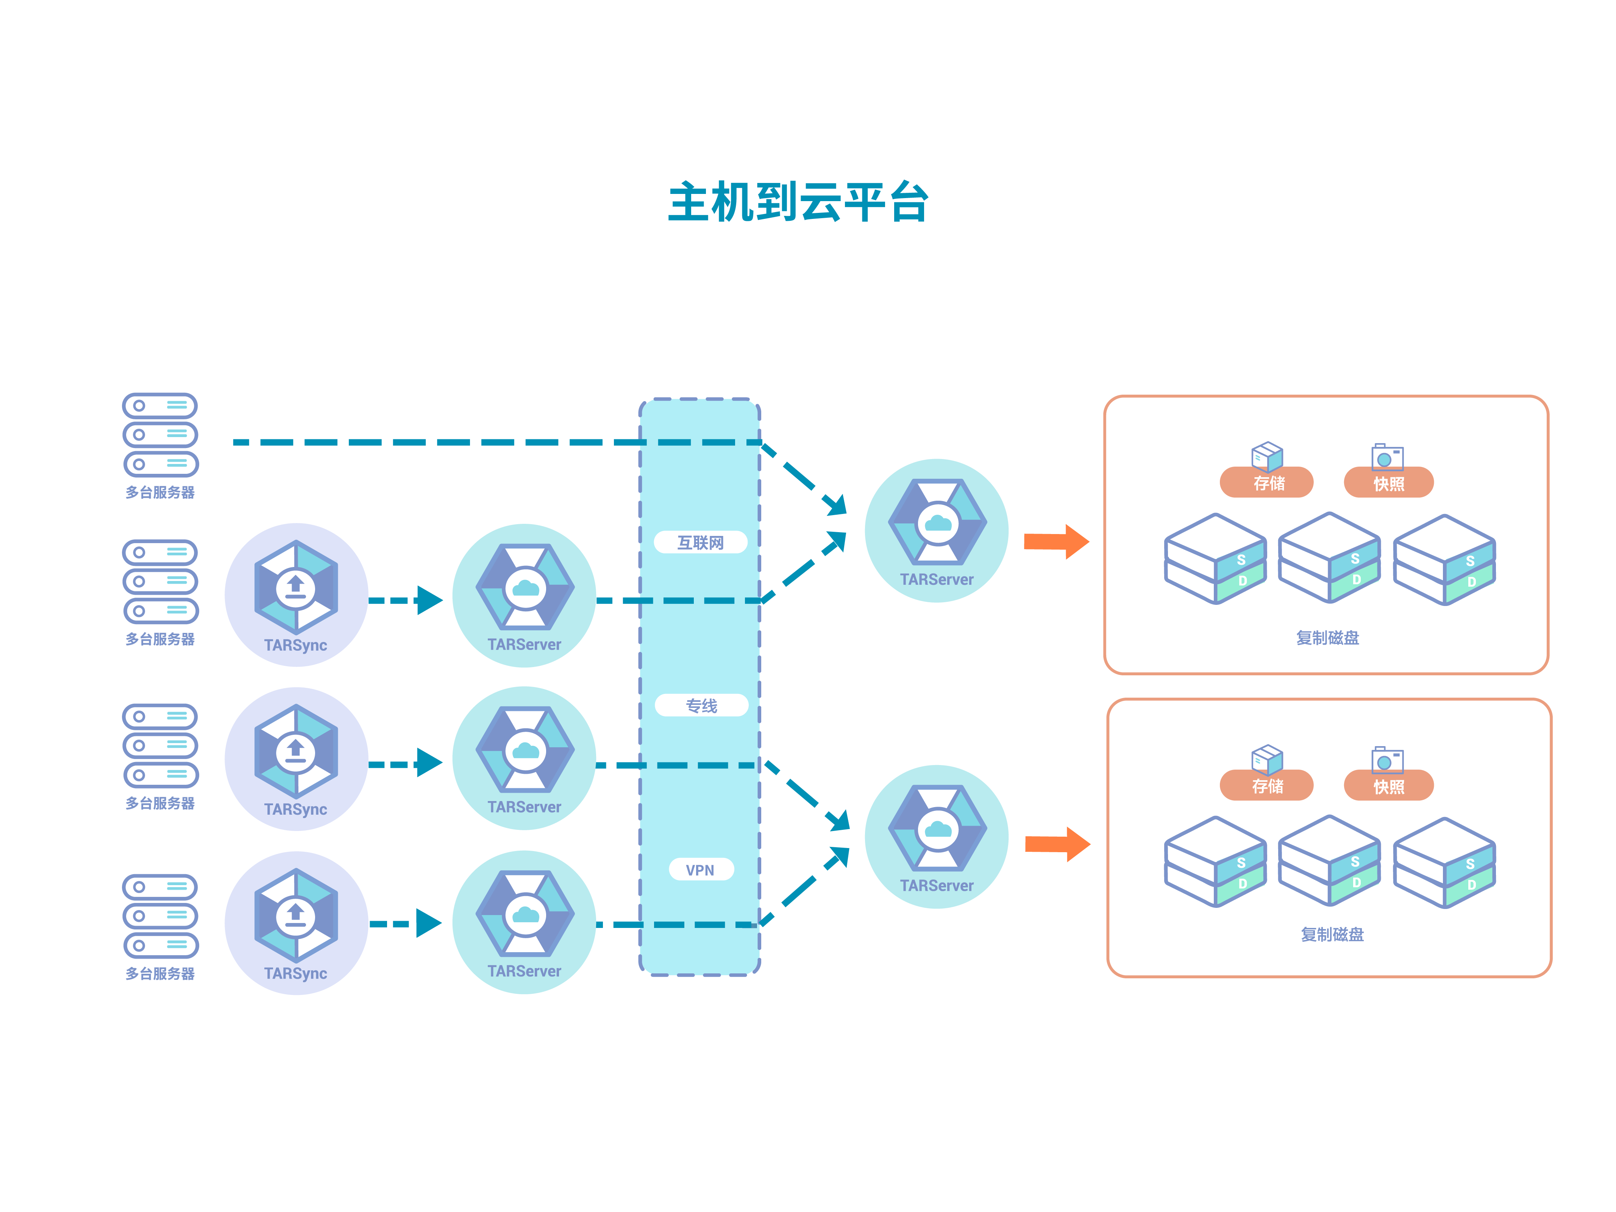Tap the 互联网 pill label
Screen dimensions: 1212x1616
tap(700, 542)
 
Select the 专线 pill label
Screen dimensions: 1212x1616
tap(701, 705)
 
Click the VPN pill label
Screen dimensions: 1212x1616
tap(700, 869)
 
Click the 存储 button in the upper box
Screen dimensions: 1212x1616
tap(1268, 483)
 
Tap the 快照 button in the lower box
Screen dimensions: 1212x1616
tap(1388, 786)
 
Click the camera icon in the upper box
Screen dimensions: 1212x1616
tap(1386, 457)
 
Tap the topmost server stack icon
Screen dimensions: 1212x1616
tap(160, 435)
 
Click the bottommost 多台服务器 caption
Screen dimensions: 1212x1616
tap(160, 973)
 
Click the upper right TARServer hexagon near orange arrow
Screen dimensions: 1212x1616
tap(937, 522)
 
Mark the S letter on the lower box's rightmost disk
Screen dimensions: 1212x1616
tap(1470, 864)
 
